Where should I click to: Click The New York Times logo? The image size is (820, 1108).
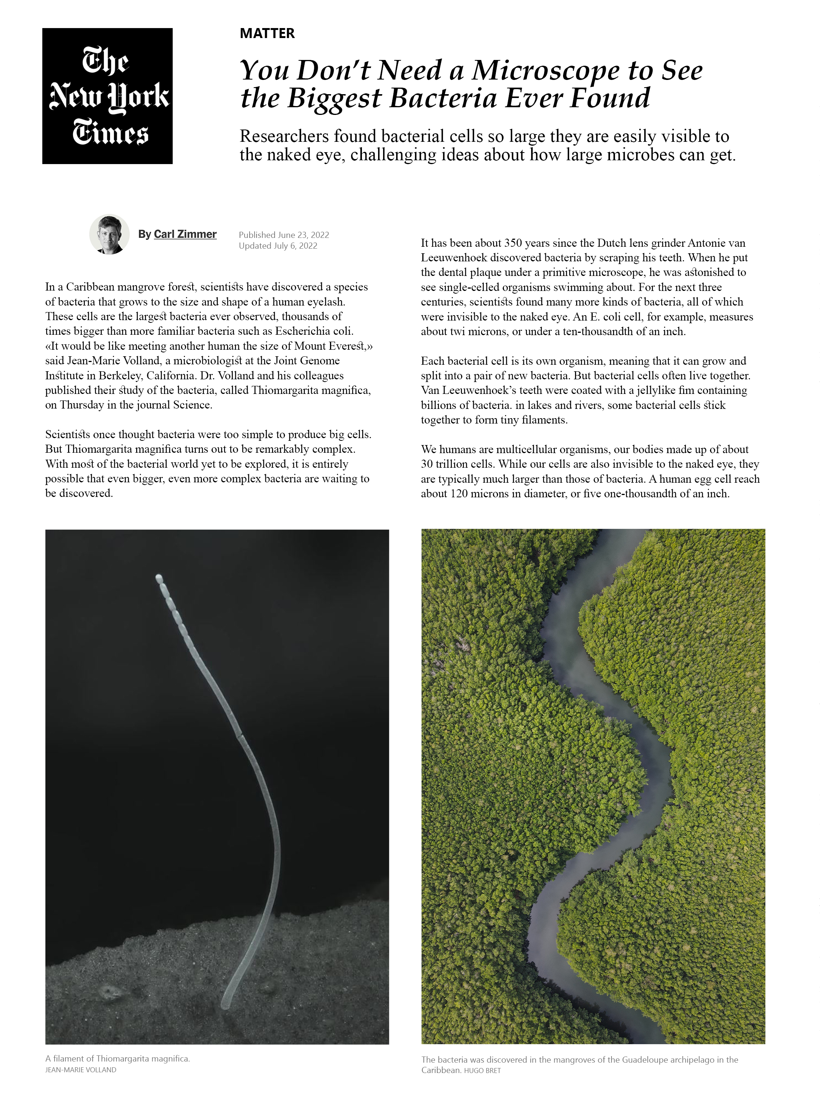(107, 96)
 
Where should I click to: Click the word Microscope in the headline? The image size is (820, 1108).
(545, 70)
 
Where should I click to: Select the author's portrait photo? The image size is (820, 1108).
(109, 234)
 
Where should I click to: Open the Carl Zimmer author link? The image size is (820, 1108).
(185, 234)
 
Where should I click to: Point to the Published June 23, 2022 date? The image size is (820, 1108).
(283, 234)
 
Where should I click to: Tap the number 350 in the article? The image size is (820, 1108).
(513, 243)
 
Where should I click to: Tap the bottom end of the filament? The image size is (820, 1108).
(226, 1005)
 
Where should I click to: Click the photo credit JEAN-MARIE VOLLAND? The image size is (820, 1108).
(80, 1070)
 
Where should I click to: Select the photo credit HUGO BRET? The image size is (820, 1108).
(482, 1070)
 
